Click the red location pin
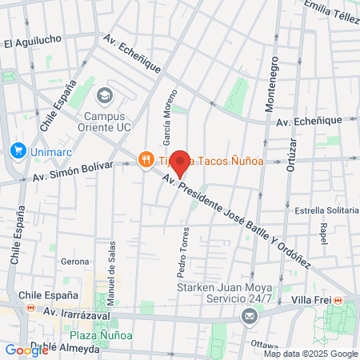click(181, 163)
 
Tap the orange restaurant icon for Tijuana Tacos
click(146, 160)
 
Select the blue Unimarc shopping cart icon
click(17, 150)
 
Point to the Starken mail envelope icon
click(250, 318)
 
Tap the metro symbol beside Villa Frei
click(338, 300)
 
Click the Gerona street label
click(75, 262)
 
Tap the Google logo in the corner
click(26, 350)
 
